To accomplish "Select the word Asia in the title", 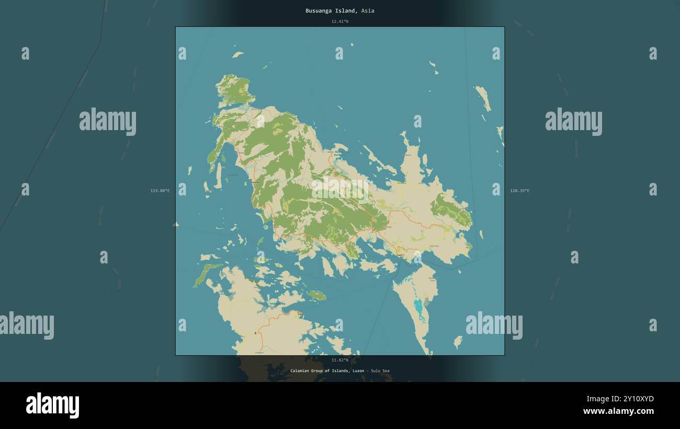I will click(x=368, y=10).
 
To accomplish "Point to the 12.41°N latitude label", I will click(x=339, y=21).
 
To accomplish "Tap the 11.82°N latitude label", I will click(x=339, y=360).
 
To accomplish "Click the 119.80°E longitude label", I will click(x=160, y=191).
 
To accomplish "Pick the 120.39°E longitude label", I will click(x=519, y=191).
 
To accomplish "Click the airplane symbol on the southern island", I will click(x=255, y=333).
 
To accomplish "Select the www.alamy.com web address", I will click(x=618, y=411).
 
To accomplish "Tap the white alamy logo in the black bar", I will click(x=52, y=405).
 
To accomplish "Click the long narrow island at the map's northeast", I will click(x=483, y=98).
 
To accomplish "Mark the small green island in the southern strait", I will click(x=316, y=296).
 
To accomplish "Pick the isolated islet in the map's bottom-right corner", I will click(x=458, y=341).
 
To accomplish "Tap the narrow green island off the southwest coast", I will click(x=206, y=274).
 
